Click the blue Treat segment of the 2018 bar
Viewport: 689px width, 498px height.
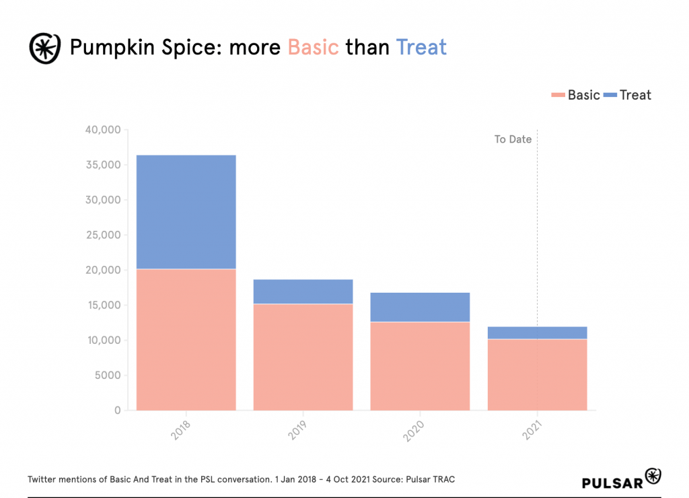pyautogui.click(x=186, y=212)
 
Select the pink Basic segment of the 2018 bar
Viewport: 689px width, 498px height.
pyautogui.click(x=186, y=339)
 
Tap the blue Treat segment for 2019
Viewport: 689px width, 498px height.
pyautogui.click(x=303, y=291)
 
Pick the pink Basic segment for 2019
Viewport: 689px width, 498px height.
pyautogui.click(x=303, y=357)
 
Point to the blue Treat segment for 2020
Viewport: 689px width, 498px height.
pyautogui.click(x=420, y=307)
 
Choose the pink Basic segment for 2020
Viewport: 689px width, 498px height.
pyautogui.click(x=420, y=365)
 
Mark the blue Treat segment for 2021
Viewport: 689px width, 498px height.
pyautogui.click(x=537, y=332)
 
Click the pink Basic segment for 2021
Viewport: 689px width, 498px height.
pyautogui.click(x=537, y=374)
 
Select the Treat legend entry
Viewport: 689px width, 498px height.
pyautogui.click(x=628, y=95)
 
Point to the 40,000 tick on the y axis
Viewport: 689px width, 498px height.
pyautogui.click(x=103, y=130)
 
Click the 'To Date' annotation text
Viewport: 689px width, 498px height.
pyautogui.click(x=513, y=139)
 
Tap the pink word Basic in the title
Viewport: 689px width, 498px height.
pyautogui.click(x=313, y=47)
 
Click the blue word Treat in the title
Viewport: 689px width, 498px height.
pyautogui.click(x=421, y=47)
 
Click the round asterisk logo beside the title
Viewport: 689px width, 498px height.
pyautogui.click(x=45, y=48)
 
